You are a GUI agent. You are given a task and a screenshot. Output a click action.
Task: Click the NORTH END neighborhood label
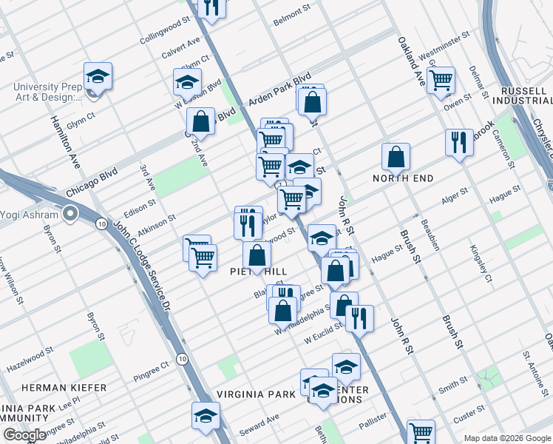(x=403, y=178)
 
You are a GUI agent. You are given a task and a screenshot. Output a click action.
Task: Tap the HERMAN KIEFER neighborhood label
(x=64, y=388)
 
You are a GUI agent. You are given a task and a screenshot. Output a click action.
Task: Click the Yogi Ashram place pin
(x=70, y=215)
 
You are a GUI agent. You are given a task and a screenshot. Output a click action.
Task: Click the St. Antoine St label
(x=533, y=368)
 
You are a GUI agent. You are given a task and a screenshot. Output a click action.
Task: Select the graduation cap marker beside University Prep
(x=98, y=75)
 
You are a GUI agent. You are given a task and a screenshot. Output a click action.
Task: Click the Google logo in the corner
(x=24, y=435)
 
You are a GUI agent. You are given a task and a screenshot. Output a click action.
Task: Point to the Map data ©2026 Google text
(x=506, y=438)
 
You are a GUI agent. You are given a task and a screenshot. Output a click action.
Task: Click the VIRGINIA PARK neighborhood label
(x=251, y=394)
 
